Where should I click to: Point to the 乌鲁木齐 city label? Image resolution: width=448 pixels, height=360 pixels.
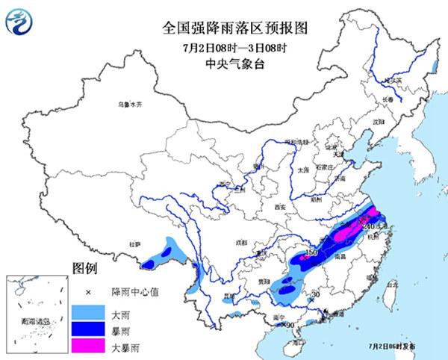click(x=128, y=106)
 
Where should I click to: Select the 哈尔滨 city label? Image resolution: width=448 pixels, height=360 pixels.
click(x=382, y=79)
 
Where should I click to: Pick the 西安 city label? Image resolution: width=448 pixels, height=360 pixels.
click(x=280, y=206)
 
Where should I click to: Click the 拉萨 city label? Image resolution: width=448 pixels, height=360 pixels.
click(x=134, y=243)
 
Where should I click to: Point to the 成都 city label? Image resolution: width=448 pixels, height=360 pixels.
click(x=240, y=242)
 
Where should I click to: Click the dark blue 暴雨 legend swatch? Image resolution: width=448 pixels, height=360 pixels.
click(x=88, y=329)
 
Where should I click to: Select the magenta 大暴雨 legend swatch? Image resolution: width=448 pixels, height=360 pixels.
click(x=88, y=348)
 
